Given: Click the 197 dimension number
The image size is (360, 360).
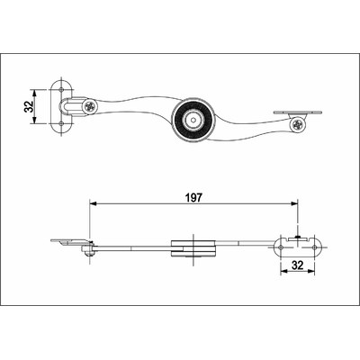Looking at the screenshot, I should click(194, 196).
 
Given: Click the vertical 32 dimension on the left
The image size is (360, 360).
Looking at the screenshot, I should click(29, 106).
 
